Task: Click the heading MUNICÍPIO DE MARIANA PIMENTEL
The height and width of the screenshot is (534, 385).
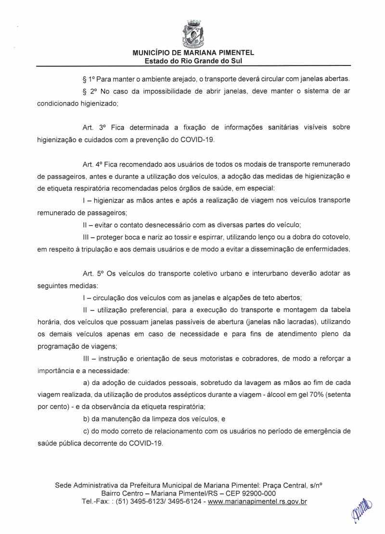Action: pyautogui.click(x=193, y=53)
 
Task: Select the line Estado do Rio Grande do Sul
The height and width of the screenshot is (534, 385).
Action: pyautogui.click(x=193, y=61)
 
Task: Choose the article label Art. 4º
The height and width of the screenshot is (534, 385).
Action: pyautogui.click(x=93, y=164)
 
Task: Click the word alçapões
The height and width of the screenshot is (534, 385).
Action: pyautogui.click(x=218, y=298)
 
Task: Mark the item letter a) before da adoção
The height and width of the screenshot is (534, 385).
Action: pyautogui.click(x=87, y=383)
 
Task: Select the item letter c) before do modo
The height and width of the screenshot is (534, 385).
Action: pyautogui.click(x=87, y=432)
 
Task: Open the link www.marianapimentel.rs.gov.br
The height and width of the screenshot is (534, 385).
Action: pyautogui.click(x=257, y=502)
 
